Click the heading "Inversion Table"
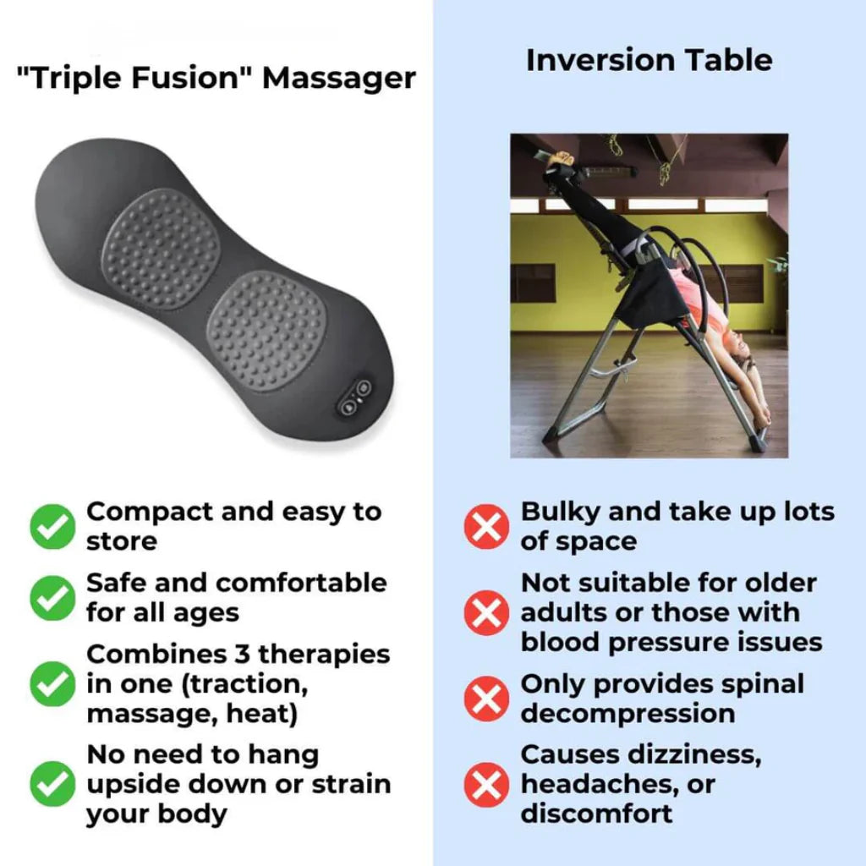649,60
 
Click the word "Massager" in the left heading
338,78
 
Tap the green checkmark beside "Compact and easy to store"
52,526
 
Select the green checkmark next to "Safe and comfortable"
52,597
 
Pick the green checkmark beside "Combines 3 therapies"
52,684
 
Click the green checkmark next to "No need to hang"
52,785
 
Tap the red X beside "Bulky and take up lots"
486,526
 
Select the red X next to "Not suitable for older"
486,612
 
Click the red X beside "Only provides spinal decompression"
486,699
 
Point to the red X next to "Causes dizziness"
486,785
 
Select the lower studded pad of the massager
266,325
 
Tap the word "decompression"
627,713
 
